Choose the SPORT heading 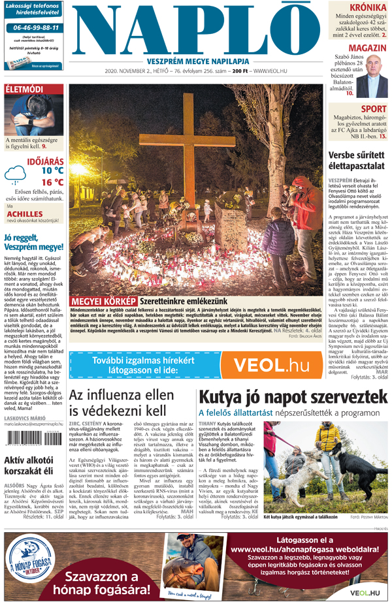373,109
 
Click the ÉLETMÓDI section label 24,88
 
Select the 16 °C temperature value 52,182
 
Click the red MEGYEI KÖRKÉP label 103,301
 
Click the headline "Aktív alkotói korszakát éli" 32,468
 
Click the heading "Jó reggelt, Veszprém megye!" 32,242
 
